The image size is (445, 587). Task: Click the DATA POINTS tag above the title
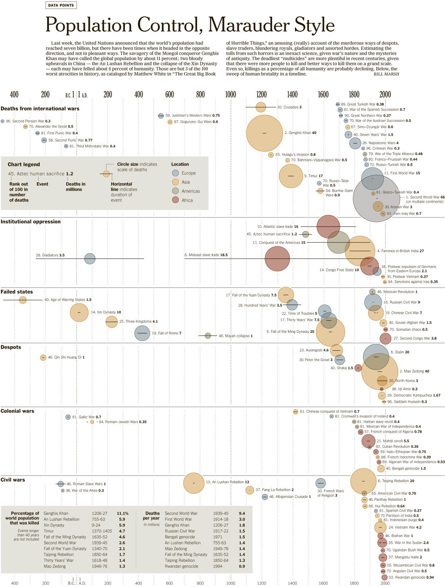[61, 5]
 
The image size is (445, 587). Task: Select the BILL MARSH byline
[386, 74]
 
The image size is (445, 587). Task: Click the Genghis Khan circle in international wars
[264, 133]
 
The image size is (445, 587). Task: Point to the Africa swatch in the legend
[175, 200]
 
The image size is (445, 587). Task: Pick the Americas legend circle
[175, 191]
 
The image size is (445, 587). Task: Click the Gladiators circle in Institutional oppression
[90, 259]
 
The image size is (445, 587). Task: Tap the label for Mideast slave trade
[206, 255]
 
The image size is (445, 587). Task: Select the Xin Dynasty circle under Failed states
[79, 312]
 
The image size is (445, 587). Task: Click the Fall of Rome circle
[142, 333]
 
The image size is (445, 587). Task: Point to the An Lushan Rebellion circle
[194, 483]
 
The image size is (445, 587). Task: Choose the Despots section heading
[11, 347]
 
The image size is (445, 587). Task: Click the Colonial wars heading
[17, 411]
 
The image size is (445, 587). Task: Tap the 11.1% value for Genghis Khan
[123, 513]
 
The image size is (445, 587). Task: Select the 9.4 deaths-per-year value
[242, 513]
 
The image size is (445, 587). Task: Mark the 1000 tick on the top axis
[231, 94]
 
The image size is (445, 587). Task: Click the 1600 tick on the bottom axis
[323, 583]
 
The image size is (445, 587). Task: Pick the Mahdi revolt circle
[368, 441]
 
